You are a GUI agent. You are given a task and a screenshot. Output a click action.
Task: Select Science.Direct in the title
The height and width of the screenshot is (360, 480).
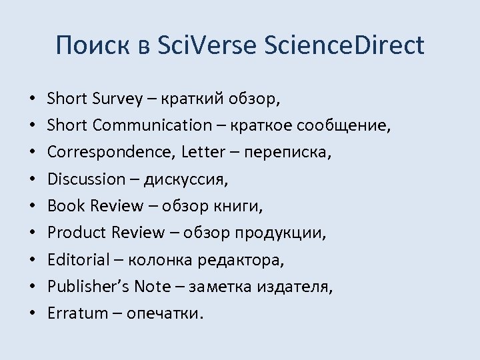(x=344, y=45)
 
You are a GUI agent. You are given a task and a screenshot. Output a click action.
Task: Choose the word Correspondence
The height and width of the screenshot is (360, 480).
(x=110, y=152)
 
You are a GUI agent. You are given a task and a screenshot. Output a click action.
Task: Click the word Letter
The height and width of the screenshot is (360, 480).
(x=203, y=152)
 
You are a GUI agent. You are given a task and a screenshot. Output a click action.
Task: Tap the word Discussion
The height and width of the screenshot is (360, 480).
(x=86, y=179)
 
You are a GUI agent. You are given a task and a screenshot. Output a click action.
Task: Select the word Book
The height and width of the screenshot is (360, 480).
(x=64, y=205)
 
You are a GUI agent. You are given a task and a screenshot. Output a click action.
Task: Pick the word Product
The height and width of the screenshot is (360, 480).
(x=76, y=232)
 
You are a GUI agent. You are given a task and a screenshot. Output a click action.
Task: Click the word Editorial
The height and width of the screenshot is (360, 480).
(x=77, y=259)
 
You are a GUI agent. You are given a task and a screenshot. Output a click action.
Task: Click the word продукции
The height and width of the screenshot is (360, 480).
(x=288, y=232)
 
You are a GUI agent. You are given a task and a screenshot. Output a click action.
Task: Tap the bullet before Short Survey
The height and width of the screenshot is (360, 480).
(x=32, y=99)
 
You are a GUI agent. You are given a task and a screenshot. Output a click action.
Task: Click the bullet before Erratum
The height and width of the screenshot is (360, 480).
(x=32, y=313)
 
